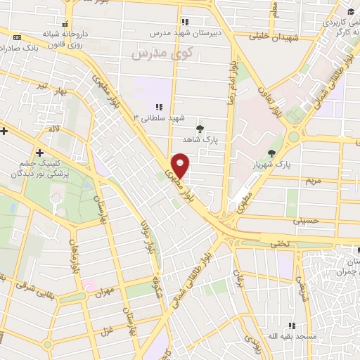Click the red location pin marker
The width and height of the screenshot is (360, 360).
click(x=181, y=166)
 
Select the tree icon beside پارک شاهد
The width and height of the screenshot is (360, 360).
click(x=201, y=128)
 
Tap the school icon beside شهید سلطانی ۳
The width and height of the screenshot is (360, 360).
click(x=159, y=107)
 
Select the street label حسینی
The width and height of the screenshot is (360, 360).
click(x=310, y=220)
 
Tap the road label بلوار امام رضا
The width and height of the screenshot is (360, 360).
click(x=231, y=82)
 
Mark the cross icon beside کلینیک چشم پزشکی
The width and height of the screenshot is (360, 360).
click(x=39, y=153)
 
